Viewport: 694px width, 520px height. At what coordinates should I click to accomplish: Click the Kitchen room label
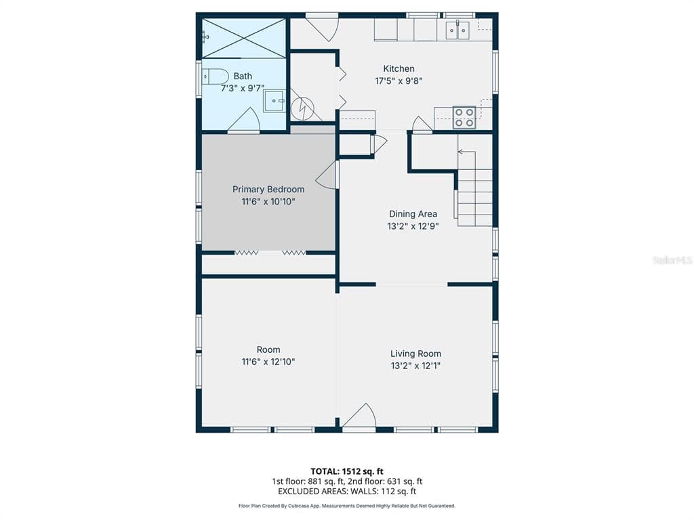tap(399, 68)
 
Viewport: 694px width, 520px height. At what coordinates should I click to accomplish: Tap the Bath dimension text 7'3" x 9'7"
tap(243, 89)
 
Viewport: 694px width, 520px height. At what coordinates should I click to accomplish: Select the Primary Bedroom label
tap(268, 190)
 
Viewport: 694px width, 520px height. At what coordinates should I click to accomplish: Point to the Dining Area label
tap(413, 214)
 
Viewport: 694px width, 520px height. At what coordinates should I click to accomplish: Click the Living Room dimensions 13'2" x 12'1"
tap(415, 366)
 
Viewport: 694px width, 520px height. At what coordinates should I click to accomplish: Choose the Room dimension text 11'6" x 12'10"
tap(268, 362)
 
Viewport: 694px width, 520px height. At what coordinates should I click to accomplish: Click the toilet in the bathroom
tap(215, 77)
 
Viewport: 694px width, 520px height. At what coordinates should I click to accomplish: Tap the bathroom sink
tap(274, 102)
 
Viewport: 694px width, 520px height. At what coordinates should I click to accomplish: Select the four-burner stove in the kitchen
tap(464, 118)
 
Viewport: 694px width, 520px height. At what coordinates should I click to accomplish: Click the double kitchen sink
tap(457, 30)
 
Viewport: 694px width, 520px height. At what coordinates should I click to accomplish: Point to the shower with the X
tap(244, 38)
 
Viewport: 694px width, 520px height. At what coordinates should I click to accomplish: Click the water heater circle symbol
tap(303, 108)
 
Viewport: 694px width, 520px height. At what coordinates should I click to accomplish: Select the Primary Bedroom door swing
tap(327, 175)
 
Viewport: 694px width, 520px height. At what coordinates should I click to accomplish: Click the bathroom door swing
tap(243, 119)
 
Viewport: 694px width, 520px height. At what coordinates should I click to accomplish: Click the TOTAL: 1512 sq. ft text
tap(347, 471)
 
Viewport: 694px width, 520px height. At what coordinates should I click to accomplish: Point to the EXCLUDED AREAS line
tap(347, 492)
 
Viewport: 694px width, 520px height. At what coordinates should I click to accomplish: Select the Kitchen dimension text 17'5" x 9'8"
tap(399, 81)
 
